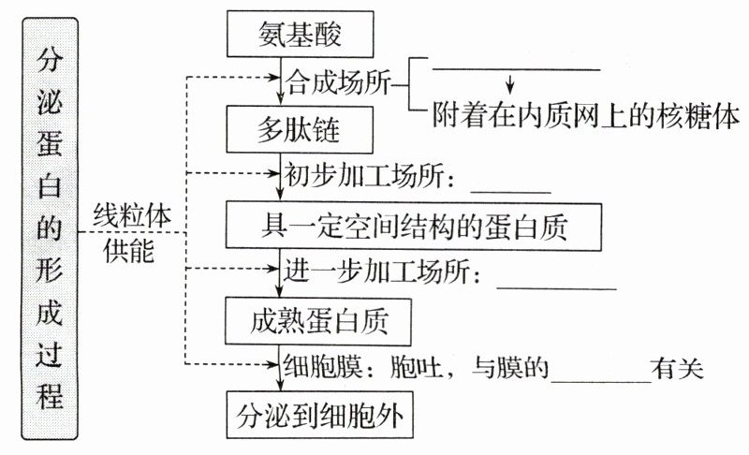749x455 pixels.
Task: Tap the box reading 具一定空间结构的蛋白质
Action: click(x=413, y=226)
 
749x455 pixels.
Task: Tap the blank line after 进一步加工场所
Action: click(x=556, y=286)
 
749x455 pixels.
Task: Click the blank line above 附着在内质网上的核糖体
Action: click(x=515, y=68)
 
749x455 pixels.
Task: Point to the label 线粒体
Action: click(x=132, y=214)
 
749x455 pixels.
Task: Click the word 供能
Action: click(x=129, y=250)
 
